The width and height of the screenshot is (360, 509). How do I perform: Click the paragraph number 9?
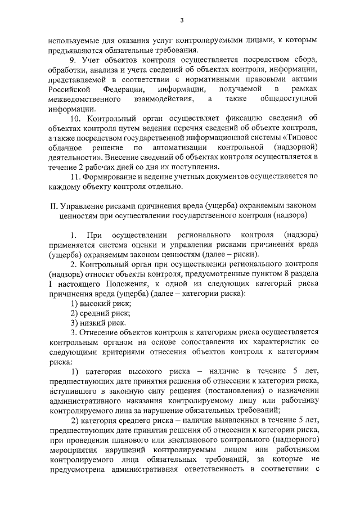pos(71,60)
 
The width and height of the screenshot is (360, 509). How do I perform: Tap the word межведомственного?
pos(85,100)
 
